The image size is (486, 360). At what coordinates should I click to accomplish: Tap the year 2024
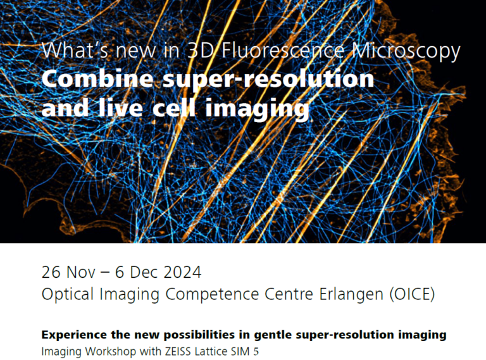tap(184, 273)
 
